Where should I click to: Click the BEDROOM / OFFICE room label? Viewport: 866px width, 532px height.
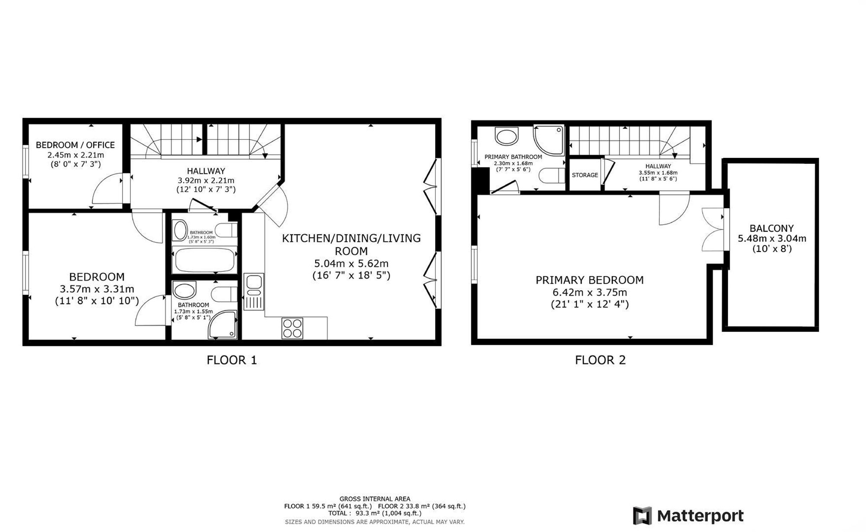pos(75,145)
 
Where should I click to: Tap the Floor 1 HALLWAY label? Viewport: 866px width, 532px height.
pos(206,171)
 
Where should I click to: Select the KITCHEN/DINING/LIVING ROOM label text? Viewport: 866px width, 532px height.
pos(351,245)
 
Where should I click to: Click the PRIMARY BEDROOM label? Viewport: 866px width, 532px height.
pos(590,280)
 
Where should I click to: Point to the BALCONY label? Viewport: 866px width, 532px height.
pos(772,228)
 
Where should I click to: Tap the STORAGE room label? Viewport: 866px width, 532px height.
pos(585,175)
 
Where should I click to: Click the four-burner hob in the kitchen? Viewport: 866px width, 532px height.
pos(292,328)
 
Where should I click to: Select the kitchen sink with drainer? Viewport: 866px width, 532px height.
pos(254,292)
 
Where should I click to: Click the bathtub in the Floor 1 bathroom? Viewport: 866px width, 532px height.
pos(204,260)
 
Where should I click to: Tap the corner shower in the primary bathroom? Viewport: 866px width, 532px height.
pos(549,140)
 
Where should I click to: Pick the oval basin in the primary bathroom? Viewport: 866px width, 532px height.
pos(507,136)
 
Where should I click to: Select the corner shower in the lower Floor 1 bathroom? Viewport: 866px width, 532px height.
pos(223,324)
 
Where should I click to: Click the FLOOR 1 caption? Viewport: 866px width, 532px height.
pos(232,360)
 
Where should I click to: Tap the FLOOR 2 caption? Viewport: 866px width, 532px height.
pos(600,360)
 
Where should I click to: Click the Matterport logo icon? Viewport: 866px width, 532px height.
pos(642,516)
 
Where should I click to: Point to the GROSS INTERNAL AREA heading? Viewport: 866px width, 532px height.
pos(375,499)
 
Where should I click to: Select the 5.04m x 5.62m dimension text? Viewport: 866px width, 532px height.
pos(351,264)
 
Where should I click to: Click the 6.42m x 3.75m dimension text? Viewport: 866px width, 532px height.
pos(590,292)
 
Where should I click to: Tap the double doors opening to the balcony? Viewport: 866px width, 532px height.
pos(713,230)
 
